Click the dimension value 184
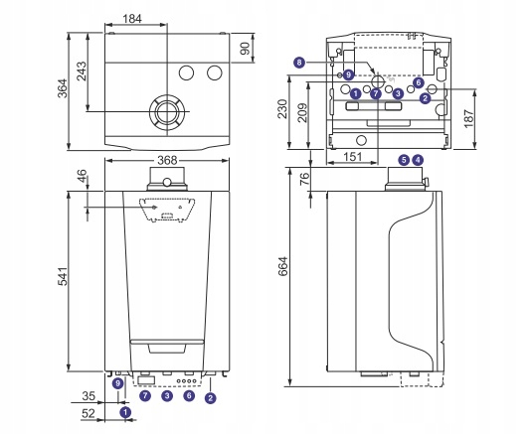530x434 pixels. coord(132,19)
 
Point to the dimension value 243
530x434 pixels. coord(82,71)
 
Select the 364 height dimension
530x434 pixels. coord(63,88)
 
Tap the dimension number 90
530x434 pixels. coord(245,49)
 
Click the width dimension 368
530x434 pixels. coord(167,160)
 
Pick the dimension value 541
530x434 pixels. coord(63,276)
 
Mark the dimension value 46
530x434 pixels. coord(82,176)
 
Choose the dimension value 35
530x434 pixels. coord(88,395)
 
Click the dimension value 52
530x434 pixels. coord(88,413)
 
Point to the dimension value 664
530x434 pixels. coord(283,266)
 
